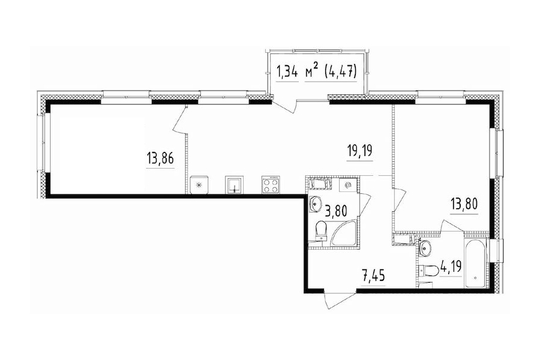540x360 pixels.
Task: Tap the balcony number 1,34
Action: click(x=286, y=73)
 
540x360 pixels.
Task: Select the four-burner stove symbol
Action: click(x=271, y=185)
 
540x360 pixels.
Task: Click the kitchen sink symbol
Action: click(x=235, y=185)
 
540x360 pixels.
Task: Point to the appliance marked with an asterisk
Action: click(x=199, y=185)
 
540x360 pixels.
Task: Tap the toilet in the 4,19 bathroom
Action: click(x=427, y=271)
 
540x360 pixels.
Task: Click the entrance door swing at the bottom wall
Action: click(x=329, y=298)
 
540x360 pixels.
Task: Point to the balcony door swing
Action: click(x=286, y=104)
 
